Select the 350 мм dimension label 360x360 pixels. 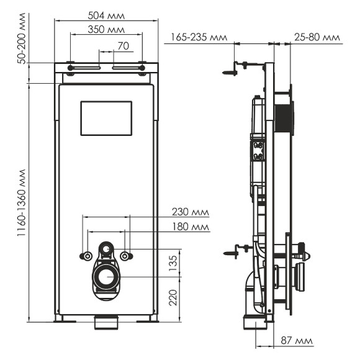[106, 30]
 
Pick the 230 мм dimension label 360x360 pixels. [190, 213]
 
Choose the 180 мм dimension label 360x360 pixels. [190, 227]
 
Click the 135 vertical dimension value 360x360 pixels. [174, 263]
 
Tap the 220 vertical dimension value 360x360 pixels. [174, 299]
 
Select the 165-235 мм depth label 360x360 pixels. [195, 38]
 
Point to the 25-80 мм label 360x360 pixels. [317, 38]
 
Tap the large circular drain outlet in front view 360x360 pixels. [107, 277]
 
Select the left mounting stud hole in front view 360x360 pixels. [87, 256]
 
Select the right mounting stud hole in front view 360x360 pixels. [127, 256]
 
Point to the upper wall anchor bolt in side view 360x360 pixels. [230, 71]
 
